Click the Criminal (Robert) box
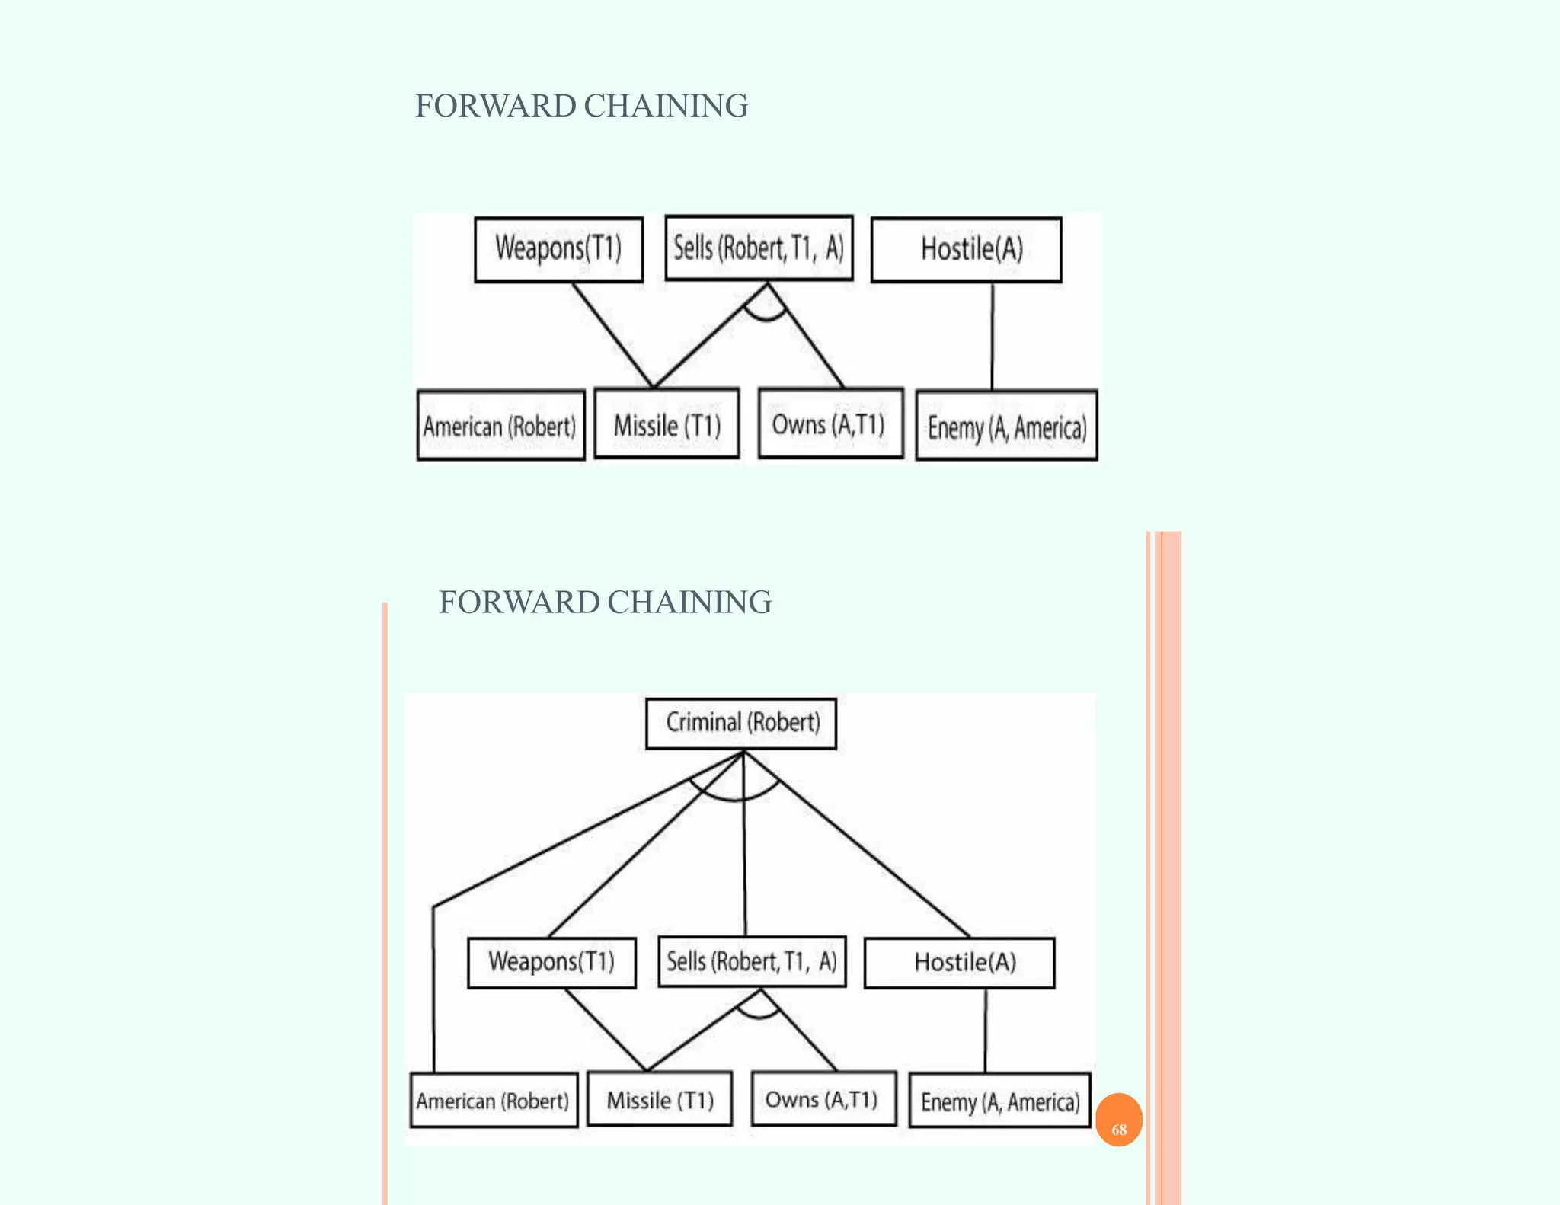pyautogui.click(x=741, y=723)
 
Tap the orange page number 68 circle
pyautogui.click(x=1118, y=1120)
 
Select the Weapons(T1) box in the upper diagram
pyautogui.click(x=558, y=249)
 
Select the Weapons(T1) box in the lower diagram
pyautogui.click(x=551, y=962)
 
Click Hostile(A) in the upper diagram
pyautogui.click(x=966, y=249)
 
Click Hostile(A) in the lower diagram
pyautogui.click(x=960, y=963)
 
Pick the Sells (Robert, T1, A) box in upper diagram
pyautogui.click(x=759, y=248)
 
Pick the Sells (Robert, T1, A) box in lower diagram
pyautogui.click(x=752, y=961)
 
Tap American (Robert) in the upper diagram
pyautogui.click(x=500, y=425)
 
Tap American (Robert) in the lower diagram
pyautogui.click(x=494, y=1100)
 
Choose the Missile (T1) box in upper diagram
pyautogui.click(x=667, y=424)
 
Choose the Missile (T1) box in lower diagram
pyautogui.click(x=660, y=1099)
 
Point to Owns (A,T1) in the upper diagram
pyautogui.click(x=830, y=423)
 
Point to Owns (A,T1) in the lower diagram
pyautogui.click(x=823, y=1098)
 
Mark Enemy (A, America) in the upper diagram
pyautogui.click(x=1006, y=426)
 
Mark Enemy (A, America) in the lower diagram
pyautogui.click(x=1000, y=1101)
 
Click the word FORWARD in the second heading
pyautogui.click(x=519, y=602)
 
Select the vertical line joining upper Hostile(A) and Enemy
pyautogui.click(x=992, y=335)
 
